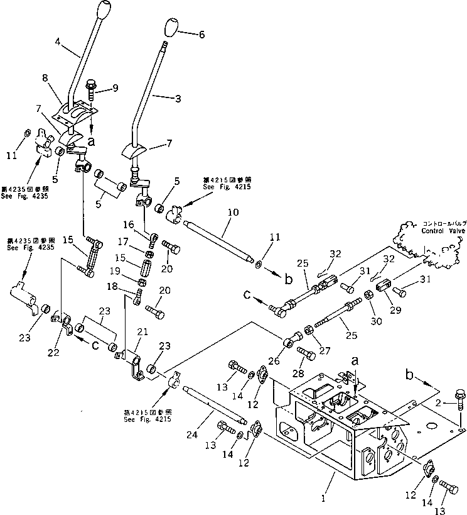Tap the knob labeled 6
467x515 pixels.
170,28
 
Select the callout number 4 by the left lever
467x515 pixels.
58,43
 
